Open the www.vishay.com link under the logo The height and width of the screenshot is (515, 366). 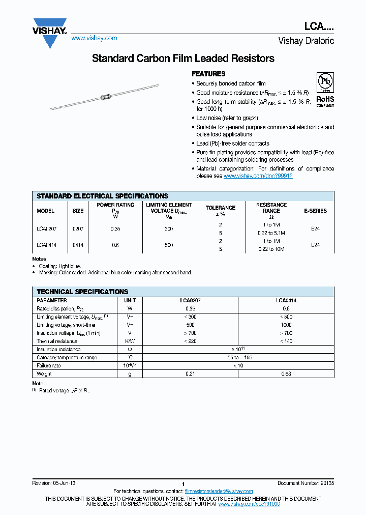tap(94, 38)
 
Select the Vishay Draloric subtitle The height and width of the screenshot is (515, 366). tap(306, 41)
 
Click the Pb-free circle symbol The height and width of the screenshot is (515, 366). tap(325, 81)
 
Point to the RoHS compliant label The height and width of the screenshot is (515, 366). tap(325, 101)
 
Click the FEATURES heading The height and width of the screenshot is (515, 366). tap(208, 74)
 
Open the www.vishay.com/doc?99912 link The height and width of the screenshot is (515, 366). tap(258, 176)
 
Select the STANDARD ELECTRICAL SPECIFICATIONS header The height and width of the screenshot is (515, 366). tap(102, 196)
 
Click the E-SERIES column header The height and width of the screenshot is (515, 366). tap(315, 211)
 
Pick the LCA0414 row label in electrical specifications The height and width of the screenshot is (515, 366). tap(46, 245)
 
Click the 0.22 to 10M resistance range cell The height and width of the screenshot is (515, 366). tap(271, 249)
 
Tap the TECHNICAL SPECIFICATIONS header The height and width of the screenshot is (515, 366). tap(82, 292)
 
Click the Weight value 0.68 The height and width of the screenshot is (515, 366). tap(286, 374)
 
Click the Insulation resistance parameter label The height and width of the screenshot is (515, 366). tap(58, 349)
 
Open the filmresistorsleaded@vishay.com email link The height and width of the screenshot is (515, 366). tap(219, 491)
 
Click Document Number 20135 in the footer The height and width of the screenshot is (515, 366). tap(306, 482)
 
